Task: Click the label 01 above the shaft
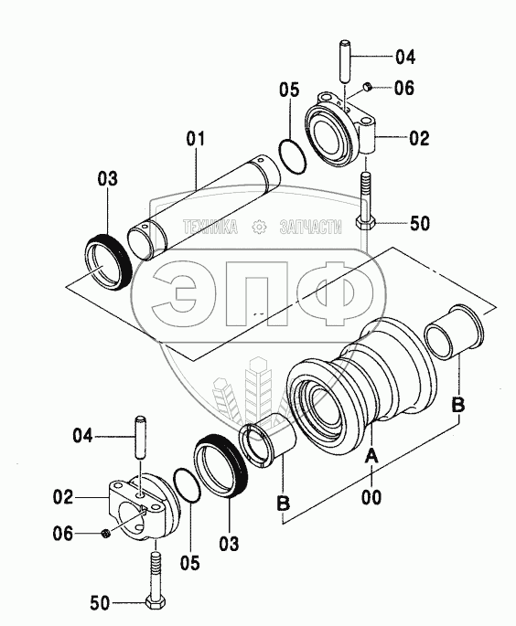(196, 139)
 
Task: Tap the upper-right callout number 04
(405, 57)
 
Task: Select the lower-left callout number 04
(82, 435)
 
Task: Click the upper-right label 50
(420, 223)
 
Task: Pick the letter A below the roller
(371, 455)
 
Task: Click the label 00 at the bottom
(371, 497)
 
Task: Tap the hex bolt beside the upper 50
(364, 201)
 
